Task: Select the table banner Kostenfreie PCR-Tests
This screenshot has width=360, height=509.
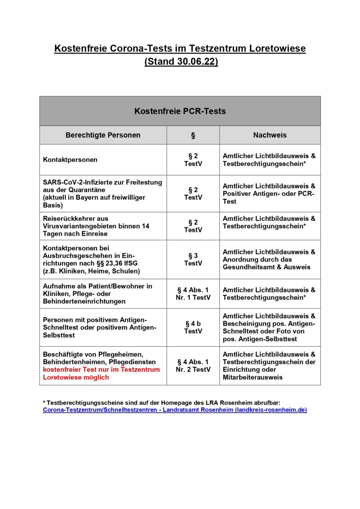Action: point(180,111)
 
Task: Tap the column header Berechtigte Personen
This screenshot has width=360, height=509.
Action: point(103,135)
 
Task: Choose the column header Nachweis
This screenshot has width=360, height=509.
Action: point(270,135)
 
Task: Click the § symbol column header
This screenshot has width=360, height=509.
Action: point(193,135)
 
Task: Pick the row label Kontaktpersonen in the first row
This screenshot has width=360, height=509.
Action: point(70,160)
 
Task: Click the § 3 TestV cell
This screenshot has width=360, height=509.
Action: point(193,259)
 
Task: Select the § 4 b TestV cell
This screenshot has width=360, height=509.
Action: point(193,327)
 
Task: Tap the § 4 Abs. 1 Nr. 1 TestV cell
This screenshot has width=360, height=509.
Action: point(193,294)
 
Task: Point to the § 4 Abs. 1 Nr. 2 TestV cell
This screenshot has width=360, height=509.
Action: point(193,366)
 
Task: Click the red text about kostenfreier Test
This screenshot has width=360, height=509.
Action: point(101,373)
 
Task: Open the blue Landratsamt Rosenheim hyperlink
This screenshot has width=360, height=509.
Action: point(175,410)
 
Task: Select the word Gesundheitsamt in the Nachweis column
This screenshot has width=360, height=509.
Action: point(246,267)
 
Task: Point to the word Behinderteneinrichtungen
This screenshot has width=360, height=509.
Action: point(84,301)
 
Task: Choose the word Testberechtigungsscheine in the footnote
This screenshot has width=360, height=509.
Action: point(85,403)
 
